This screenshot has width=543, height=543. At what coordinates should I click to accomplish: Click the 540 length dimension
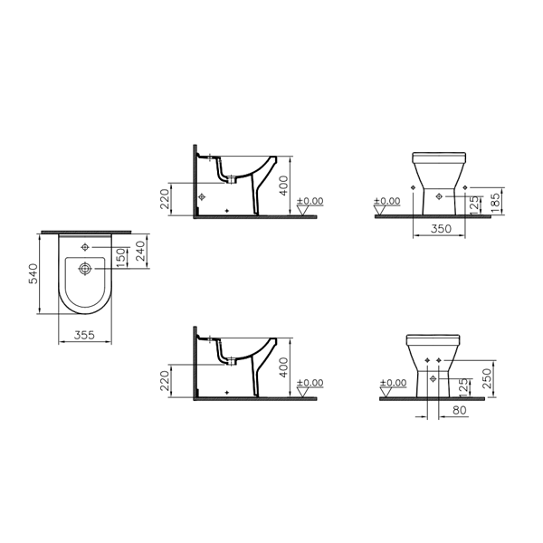(33, 273)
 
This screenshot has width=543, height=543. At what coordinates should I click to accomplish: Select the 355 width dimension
(84, 335)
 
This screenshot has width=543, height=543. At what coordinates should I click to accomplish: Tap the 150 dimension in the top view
(120, 257)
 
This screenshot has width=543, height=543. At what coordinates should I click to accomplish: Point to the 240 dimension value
(140, 251)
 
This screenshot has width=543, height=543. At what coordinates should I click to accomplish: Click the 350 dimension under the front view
(441, 229)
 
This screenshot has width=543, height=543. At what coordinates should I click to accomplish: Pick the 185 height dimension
(496, 203)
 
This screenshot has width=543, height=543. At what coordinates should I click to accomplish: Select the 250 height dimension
(487, 378)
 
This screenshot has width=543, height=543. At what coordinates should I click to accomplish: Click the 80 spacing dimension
(460, 410)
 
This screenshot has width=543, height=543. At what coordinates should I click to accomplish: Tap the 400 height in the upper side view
(283, 186)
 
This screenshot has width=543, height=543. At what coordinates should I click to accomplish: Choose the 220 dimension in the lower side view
(165, 381)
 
